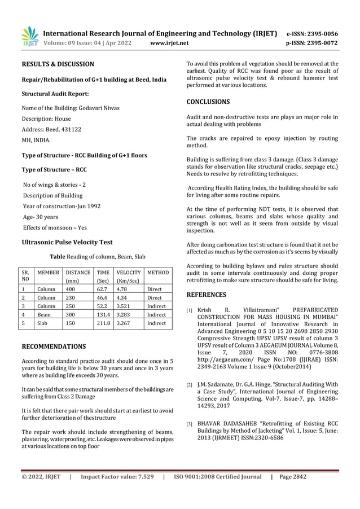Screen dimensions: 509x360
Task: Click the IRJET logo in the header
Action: click(x=29, y=36)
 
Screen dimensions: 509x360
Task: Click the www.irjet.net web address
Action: click(x=170, y=42)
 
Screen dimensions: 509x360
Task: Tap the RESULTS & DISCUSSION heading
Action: click(x=58, y=64)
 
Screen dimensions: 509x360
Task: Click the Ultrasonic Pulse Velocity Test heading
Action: click(x=67, y=242)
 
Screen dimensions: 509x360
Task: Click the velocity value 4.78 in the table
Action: click(x=122, y=288)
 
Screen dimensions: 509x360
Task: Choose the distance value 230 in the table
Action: click(x=71, y=297)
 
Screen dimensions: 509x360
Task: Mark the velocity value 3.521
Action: click(x=124, y=305)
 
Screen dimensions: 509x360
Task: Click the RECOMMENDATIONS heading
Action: click(x=53, y=346)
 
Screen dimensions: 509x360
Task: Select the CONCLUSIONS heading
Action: click(x=208, y=102)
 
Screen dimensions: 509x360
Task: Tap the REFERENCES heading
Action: click(x=206, y=295)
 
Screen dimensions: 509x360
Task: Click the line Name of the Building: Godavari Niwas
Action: click(x=71, y=108)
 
